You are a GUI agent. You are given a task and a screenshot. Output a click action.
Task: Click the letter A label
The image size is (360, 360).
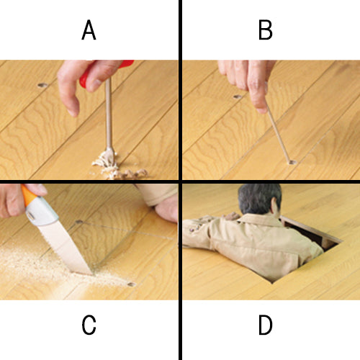click(89, 30)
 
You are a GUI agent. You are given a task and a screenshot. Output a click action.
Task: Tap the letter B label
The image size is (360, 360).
click(266, 30)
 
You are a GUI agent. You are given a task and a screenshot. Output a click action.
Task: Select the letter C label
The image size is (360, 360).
click(89, 325)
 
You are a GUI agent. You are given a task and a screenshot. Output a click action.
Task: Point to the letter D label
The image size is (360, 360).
click(266, 325)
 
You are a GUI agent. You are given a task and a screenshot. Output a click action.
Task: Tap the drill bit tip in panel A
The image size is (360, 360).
click(110, 153)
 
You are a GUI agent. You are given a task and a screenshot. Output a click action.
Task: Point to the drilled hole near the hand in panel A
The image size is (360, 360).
click(42, 85)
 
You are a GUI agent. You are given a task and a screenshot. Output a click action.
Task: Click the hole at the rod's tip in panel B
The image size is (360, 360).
click(292, 163)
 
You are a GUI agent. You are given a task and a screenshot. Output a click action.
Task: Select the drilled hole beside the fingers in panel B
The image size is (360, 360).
click(238, 97)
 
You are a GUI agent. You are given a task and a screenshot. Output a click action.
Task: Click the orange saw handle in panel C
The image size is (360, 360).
click(29, 195)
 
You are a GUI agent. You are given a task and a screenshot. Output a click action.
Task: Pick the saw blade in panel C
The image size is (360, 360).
click(65, 247)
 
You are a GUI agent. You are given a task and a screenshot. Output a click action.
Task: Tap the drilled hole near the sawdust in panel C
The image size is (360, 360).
click(131, 284)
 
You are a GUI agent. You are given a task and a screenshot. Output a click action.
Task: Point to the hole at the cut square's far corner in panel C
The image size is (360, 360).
click(79, 222)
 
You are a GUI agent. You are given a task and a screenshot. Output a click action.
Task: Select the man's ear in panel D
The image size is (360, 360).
click(275, 208)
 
